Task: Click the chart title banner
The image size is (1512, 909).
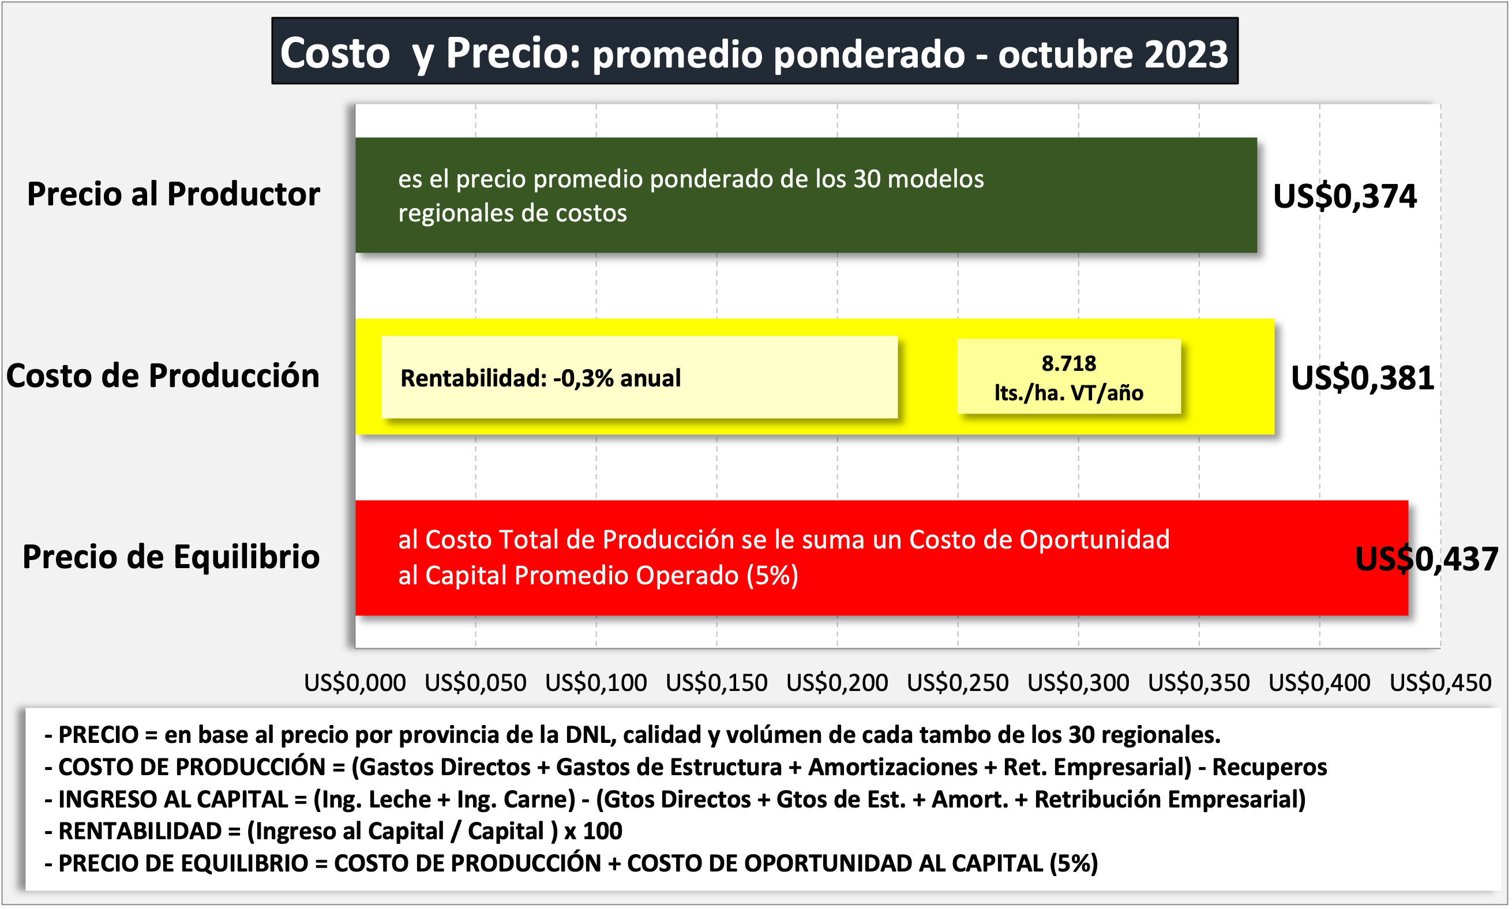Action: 755,51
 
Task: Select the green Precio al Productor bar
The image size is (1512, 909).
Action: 806,196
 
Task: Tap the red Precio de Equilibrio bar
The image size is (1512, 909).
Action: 881,558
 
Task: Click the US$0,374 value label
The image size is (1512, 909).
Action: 1345,196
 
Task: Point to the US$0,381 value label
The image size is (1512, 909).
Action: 1363,377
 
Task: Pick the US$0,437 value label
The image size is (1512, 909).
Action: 1427,559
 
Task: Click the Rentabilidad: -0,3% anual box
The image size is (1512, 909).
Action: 640,377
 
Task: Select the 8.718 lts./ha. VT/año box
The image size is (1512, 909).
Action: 1069,377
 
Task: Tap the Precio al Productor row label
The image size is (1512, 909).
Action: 174,194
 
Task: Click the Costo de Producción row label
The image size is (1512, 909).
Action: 163,375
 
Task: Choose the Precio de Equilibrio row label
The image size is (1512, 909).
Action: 171,557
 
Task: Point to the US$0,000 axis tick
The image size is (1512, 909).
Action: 355,682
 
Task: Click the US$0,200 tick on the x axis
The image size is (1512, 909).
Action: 837,682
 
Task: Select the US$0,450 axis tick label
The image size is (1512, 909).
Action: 1440,682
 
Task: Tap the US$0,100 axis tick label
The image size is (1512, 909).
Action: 596,682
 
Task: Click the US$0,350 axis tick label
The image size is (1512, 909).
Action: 1199,682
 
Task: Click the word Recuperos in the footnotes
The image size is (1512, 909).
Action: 1270,767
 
